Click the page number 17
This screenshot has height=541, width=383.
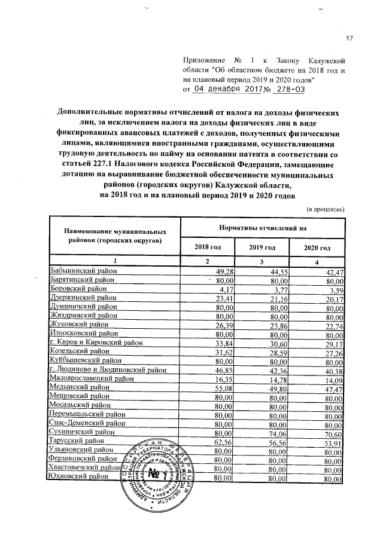click(350, 39)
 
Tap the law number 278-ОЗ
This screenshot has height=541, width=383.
click(288, 88)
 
